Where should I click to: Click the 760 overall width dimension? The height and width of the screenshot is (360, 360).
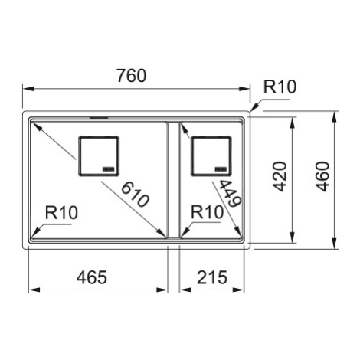pos(132,76)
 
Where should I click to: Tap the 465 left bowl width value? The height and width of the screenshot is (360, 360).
pos(92,277)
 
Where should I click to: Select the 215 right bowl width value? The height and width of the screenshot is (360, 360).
pos(212,277)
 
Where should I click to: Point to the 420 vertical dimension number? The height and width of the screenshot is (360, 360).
pos(280,176)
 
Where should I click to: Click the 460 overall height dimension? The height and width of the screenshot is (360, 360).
pos(322,176)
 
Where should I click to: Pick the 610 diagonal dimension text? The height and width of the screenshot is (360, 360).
pos(135,195)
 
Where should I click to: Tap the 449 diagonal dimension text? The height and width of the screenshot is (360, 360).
pos(231,193)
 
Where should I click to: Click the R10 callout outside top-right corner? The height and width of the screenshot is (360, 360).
pos(280,87)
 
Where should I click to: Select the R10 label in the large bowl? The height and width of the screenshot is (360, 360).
pos(61,212)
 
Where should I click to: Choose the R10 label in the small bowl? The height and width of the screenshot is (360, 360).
pos(208,212)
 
